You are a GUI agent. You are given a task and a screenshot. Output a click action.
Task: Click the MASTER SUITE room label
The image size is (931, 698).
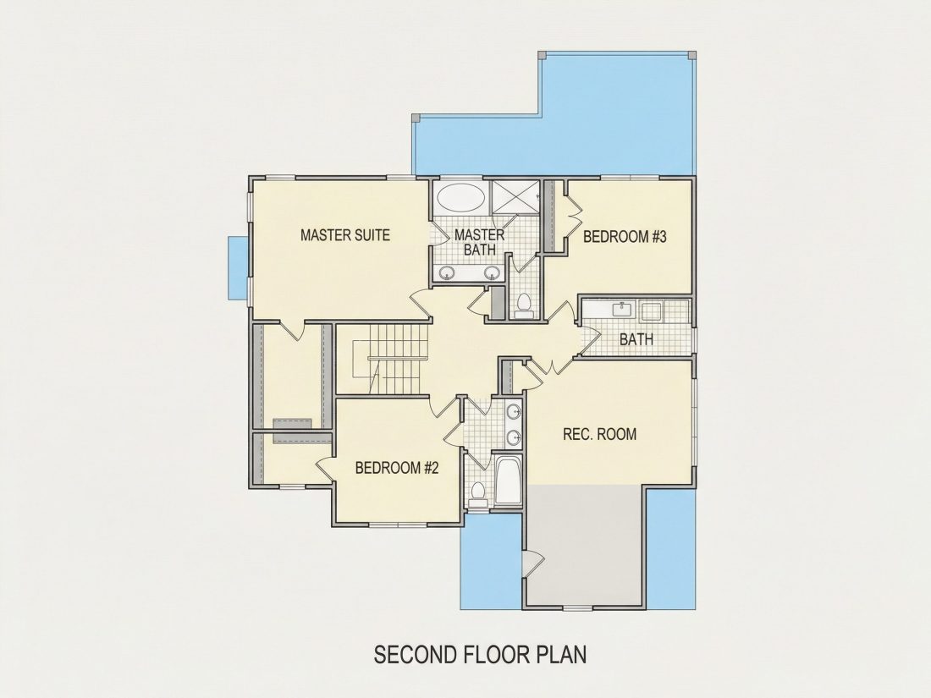(345, 235)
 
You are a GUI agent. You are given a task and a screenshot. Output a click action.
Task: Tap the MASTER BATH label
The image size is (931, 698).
(480, 242)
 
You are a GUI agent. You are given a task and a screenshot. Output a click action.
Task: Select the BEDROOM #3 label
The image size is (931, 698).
(625, 237)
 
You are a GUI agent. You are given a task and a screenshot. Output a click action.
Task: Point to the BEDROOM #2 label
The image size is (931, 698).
(397, 468)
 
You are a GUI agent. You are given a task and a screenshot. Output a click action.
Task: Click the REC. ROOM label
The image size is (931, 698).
(599, 434)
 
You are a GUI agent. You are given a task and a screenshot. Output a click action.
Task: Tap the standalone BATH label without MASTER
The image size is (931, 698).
(636, 339)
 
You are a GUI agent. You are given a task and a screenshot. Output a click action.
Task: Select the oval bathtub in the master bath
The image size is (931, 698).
(460, 198)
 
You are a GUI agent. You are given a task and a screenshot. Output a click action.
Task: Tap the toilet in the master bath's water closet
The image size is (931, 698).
(524, 304)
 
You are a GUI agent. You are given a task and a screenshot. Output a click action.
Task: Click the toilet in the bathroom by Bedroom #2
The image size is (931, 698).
(477, 494)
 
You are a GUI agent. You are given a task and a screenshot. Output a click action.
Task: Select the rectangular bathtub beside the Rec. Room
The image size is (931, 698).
(509, 481)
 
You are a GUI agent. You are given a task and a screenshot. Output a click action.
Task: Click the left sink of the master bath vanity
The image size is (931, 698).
(448, 273)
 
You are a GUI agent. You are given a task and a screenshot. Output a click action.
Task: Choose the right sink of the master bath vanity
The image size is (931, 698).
(491, 273)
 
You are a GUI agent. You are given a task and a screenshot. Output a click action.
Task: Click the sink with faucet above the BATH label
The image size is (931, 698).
(623, 309)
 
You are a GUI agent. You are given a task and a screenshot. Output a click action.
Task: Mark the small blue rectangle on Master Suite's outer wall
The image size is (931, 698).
(239, 268)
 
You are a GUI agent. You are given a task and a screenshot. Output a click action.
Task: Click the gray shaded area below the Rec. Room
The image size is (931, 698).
(586, 545)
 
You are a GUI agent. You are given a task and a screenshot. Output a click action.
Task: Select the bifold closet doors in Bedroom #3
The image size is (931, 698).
(575, 217)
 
